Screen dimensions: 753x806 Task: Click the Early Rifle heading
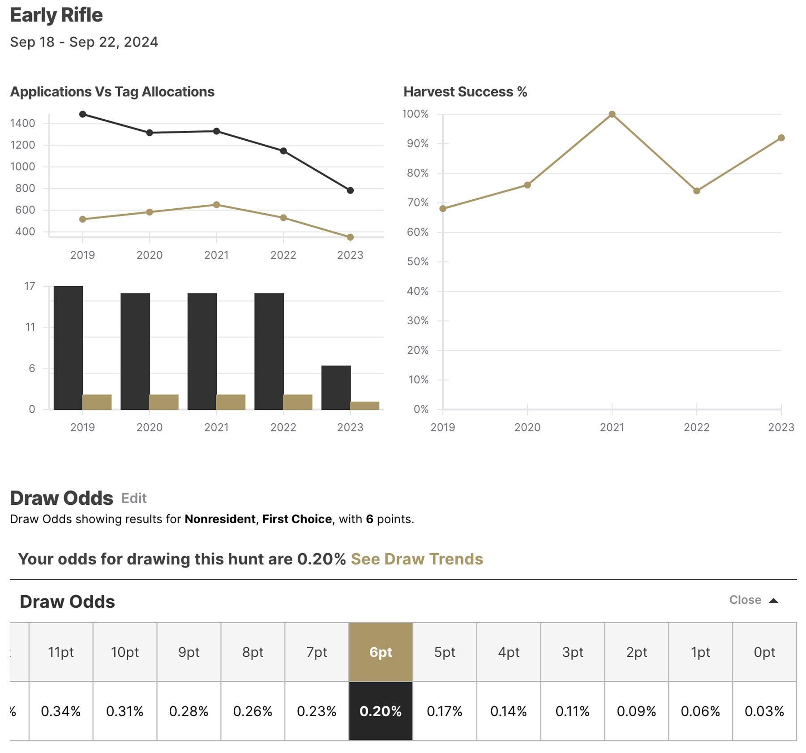point(56,15)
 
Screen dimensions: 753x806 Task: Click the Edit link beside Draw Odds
point(133,498)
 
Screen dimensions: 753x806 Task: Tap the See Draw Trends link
point(416,559)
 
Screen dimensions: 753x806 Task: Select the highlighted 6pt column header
point(381,652)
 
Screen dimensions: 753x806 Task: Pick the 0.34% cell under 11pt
point(61,711)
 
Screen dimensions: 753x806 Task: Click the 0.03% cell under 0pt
point(764,711)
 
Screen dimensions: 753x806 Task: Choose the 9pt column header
point(189,652)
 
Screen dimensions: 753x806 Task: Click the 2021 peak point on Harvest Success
point(612,114)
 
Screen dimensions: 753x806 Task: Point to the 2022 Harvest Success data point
point(697,191)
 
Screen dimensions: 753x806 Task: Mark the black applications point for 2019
point(82,114)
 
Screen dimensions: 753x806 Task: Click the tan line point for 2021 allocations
point(216,205)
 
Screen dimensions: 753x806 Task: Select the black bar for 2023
point(336,387)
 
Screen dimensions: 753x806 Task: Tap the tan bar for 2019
point(97,402)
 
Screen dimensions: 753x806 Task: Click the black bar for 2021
point(202,351)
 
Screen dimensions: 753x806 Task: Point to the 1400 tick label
point(22,123)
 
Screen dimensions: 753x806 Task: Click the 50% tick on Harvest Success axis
point(417,262)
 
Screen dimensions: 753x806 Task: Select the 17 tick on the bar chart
point(30,286)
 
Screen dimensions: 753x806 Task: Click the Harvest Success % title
point(465,92)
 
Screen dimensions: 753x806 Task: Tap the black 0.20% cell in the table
point(381,711)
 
